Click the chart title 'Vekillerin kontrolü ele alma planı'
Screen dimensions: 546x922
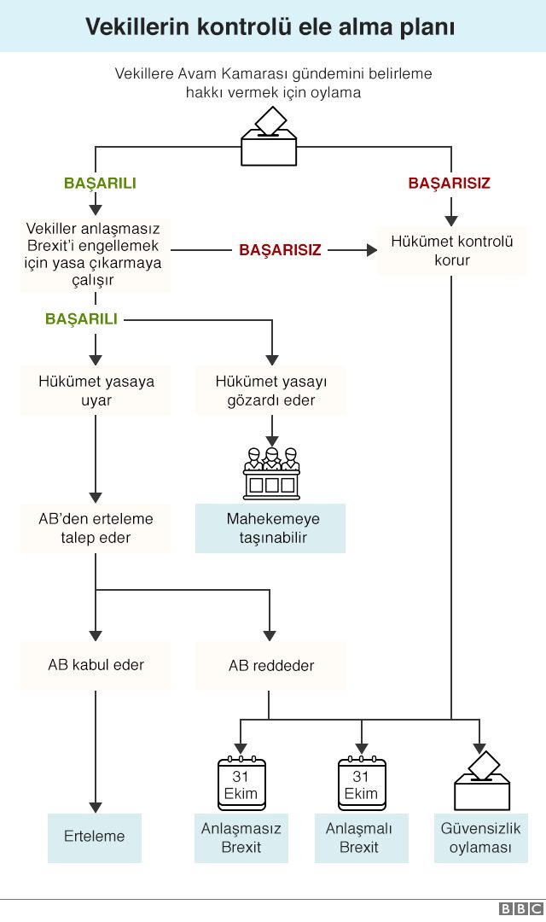coord(270,27)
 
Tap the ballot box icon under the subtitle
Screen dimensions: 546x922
coord(270,136)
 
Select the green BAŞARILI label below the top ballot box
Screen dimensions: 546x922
coord(100,183)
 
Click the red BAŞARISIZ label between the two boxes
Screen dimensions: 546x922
coord(280,250)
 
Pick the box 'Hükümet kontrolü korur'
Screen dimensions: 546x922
coord(452,250)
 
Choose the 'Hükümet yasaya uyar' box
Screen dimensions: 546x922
coord(96,390)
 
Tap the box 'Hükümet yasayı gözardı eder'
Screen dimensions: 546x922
coord(271,390)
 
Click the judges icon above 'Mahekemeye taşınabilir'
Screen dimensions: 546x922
coord(271,473)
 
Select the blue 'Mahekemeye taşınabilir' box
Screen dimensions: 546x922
coord(270,528)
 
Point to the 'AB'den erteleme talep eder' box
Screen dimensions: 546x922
coord(96,528)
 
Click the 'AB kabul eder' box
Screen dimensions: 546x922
coord(96,665)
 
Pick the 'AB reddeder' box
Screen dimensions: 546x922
coord(271,666)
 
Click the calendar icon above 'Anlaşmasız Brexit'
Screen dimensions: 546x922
coord(241,783)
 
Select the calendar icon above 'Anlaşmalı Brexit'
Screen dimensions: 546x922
coord(362,783)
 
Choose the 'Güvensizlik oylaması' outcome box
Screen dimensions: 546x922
coord(481,838)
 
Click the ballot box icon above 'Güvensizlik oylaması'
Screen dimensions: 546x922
coord(482,781)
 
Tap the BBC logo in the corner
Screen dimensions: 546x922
coord(520,909)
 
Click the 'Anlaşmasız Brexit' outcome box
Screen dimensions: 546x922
coord(241,838)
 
